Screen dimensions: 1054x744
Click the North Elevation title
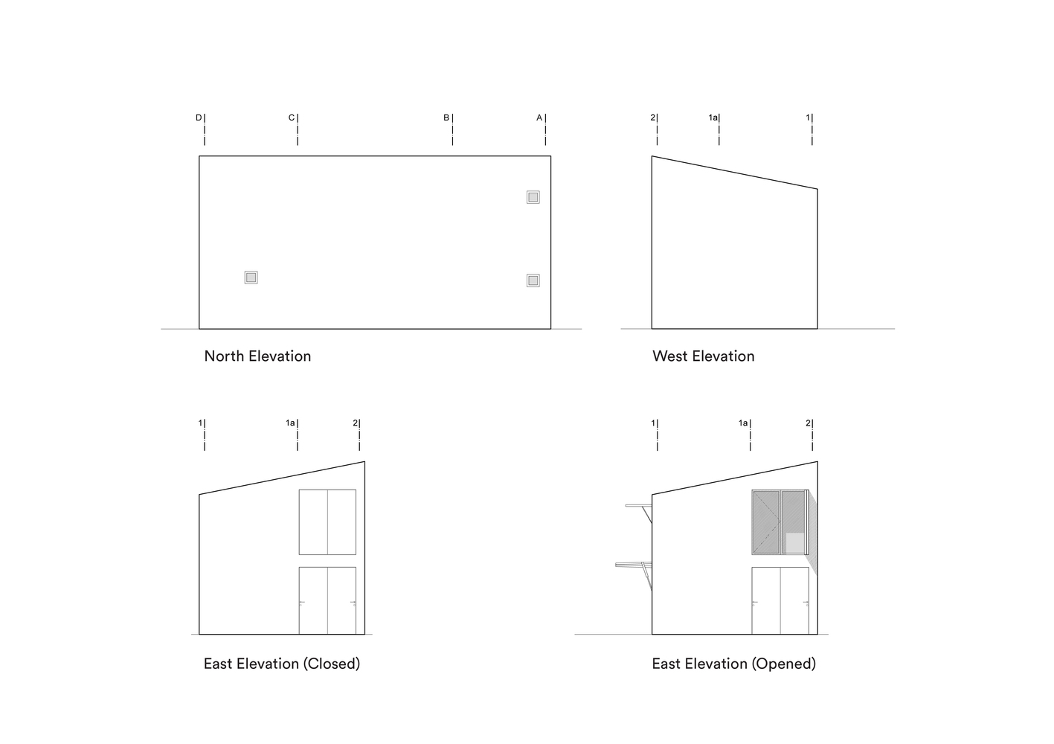coord(257,356)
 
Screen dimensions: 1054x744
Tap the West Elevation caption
coord(704,356)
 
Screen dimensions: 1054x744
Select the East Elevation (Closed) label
coord(282,664)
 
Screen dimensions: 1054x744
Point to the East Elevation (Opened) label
coord(733,664)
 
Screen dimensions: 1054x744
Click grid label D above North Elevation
coord(199,118)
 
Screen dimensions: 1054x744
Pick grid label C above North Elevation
coord(292,118)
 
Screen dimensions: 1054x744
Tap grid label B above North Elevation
coord(446,118)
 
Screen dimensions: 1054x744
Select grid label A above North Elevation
coord(540,118)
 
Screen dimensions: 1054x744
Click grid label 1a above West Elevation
coord(713,118)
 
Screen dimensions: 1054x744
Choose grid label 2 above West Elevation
coord(652,118)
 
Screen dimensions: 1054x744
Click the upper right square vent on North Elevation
coord(533,197)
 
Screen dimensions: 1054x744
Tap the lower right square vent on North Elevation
coord(533,280)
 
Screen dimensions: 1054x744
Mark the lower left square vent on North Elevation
coord(251,278)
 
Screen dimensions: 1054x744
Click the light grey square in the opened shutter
coord(794,543)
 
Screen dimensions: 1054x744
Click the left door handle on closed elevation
coord(302,603)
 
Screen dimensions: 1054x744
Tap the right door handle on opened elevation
coord(806,603)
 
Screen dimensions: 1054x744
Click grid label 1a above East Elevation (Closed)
coord(290,423)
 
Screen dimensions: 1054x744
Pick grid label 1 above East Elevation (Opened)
coord(652,423)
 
